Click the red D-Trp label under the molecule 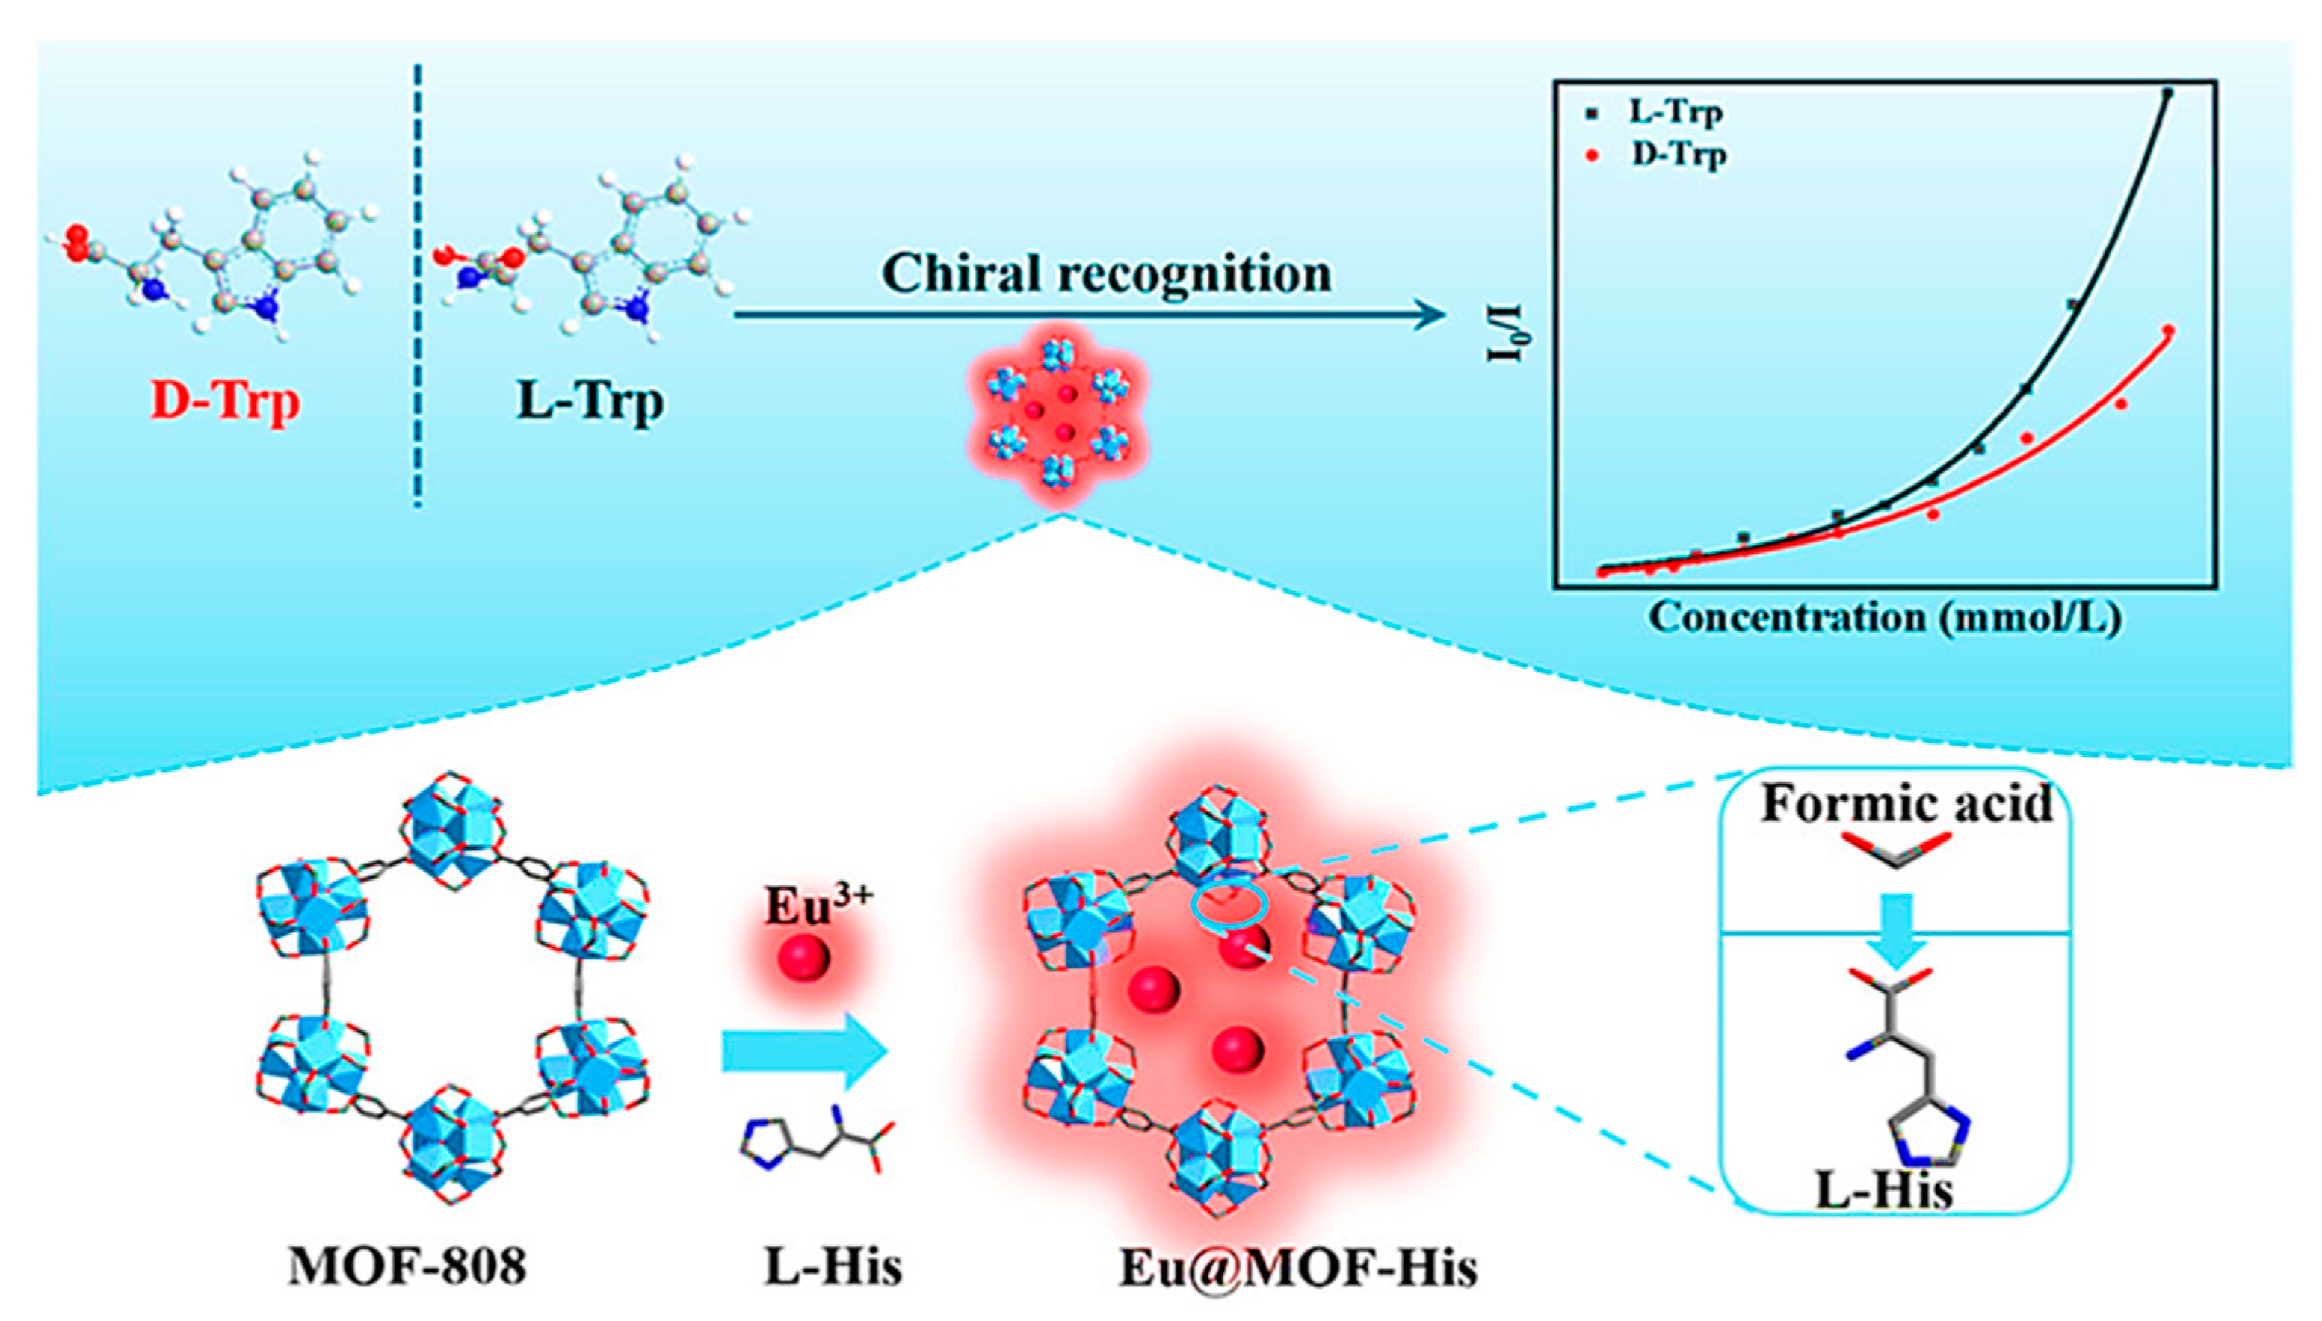[x=225, y=402]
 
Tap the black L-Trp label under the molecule [x=590, y=402]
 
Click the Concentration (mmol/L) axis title [x=1886, y=619]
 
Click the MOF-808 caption [x=407, y=1267]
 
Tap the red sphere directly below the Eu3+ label [x=804, y=956]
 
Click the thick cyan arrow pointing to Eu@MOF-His [x=804, y=1054]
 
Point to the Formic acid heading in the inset [x=1906, y=804]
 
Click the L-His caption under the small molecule [x=833, y=1267]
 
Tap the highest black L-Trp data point [x=2168, y=93]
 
